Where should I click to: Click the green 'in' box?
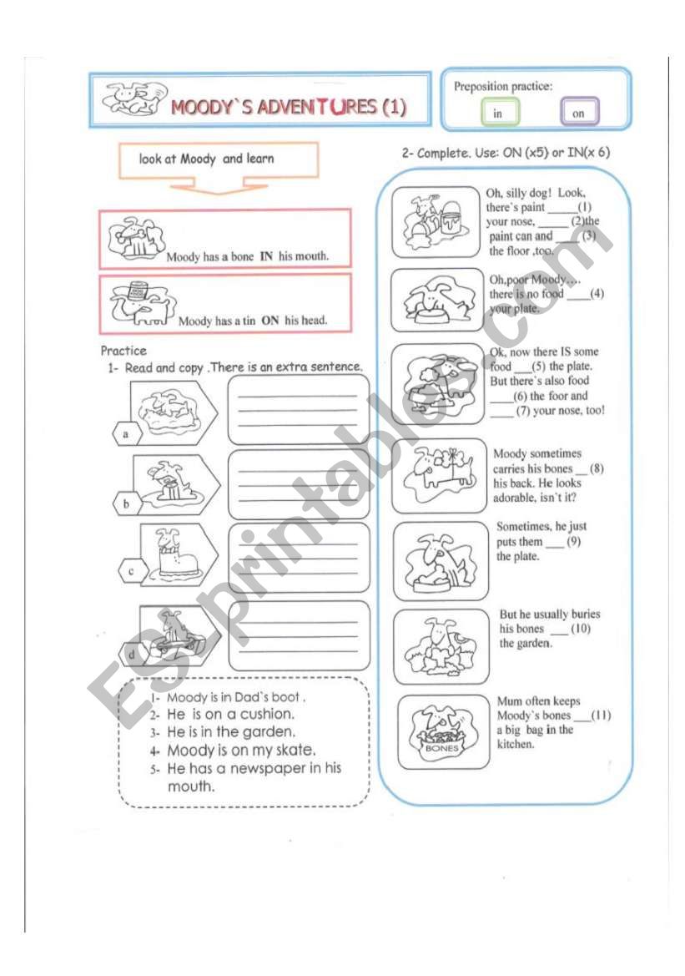[x=500, y=114]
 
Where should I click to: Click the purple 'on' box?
[x=579, y=114]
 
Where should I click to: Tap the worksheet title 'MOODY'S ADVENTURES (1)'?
[x=288, y=108]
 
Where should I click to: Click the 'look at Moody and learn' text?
[x=207, y=159]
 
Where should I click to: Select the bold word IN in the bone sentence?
[x=266, y=256]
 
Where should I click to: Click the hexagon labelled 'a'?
[x=125, y=434]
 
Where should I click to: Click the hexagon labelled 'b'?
[x=126, y=503]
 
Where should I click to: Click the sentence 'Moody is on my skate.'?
[x=241, y=749]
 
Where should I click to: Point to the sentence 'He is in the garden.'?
[x=231, y=731]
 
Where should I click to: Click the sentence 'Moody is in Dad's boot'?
[x=236, y=696]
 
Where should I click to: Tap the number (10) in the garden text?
[x=581, y=629]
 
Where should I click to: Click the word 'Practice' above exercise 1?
[x=123, y=351]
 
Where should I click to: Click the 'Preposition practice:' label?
[x=503, y=86]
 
